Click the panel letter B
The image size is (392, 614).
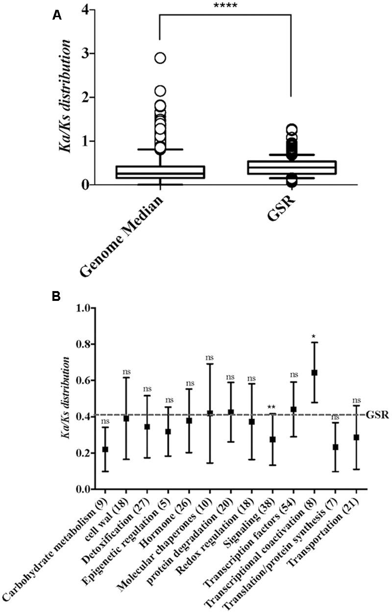(x=57, y=296)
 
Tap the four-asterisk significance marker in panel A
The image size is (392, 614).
(x=226, y=6)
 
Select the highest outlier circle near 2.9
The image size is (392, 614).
(x=160, y=58)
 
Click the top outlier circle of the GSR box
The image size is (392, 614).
(x=292, y=130)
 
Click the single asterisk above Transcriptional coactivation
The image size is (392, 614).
(x=315, y=337)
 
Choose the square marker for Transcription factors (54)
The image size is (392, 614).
(x=294, y=409)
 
